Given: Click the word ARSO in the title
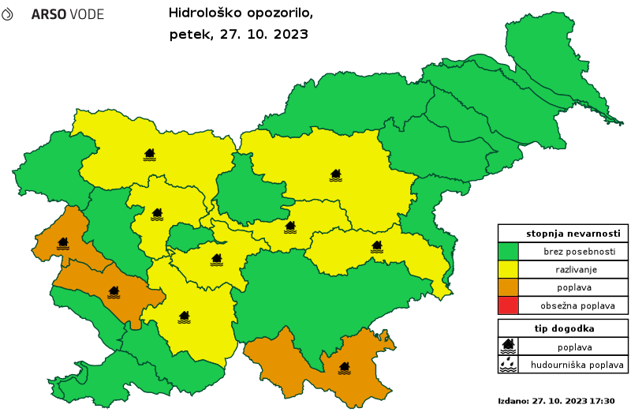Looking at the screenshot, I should pyautogui.click(x=47, y=15).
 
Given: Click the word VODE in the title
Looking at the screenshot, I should pyautogui.click(x=85, y=15).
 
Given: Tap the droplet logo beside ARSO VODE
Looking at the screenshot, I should pyautogui.click(x=7, y=14).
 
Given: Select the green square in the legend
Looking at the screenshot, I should pyautogui.click(x=508, y=252).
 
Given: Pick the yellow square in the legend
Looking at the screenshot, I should pyautogui.click(x=508, y=269).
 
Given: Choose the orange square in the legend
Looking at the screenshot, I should pyautogui.click(x=508, y=287).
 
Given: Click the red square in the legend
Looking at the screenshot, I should pyautogui.click(x=508, y=305).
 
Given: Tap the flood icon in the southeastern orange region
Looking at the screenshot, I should pyautogui.click(x=344, y=368).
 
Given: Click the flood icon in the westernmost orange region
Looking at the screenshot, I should pyautogui.click(x=63, y=243).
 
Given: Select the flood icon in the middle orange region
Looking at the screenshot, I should pyautogui.click(x=114, y=292).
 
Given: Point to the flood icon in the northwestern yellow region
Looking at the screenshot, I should pyautogui.click(x=149, y=154).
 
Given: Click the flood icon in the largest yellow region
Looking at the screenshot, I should pyautogui.click(x=335, y=174).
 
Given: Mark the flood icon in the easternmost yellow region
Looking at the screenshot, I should pyautogui.click(x=377, y=246).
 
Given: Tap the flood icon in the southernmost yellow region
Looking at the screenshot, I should pyautogui.click(x=184, y=316).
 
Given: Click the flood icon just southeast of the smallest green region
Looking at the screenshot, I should pyautogui.click(x=216, y=259).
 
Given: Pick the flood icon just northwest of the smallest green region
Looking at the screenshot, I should pyautogui.click(x=157, y=214).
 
